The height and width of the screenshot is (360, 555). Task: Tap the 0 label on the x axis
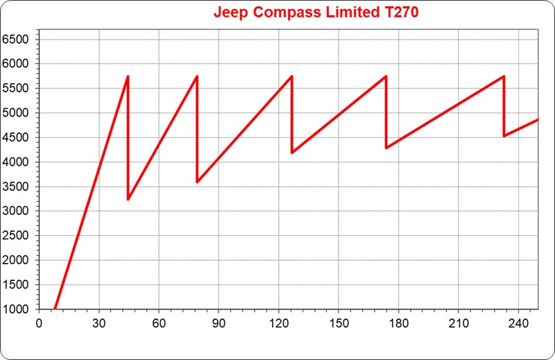(x=40, y=323)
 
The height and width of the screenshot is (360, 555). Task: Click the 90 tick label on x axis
(x=219, y=323)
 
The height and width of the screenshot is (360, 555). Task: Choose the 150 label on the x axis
(x=339, y=323)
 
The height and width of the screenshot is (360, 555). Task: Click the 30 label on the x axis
(x=99, y=323)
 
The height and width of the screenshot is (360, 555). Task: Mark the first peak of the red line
(x=128, y=76)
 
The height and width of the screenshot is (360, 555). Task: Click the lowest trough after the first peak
(x=128, y=200)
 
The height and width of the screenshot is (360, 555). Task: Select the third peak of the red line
(x=291, y=76)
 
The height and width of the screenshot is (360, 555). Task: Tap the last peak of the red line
(x=503, y=76)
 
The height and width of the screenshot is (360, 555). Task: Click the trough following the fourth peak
(x=386, y=148)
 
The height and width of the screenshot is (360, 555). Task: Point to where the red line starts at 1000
(x=55, y=309)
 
